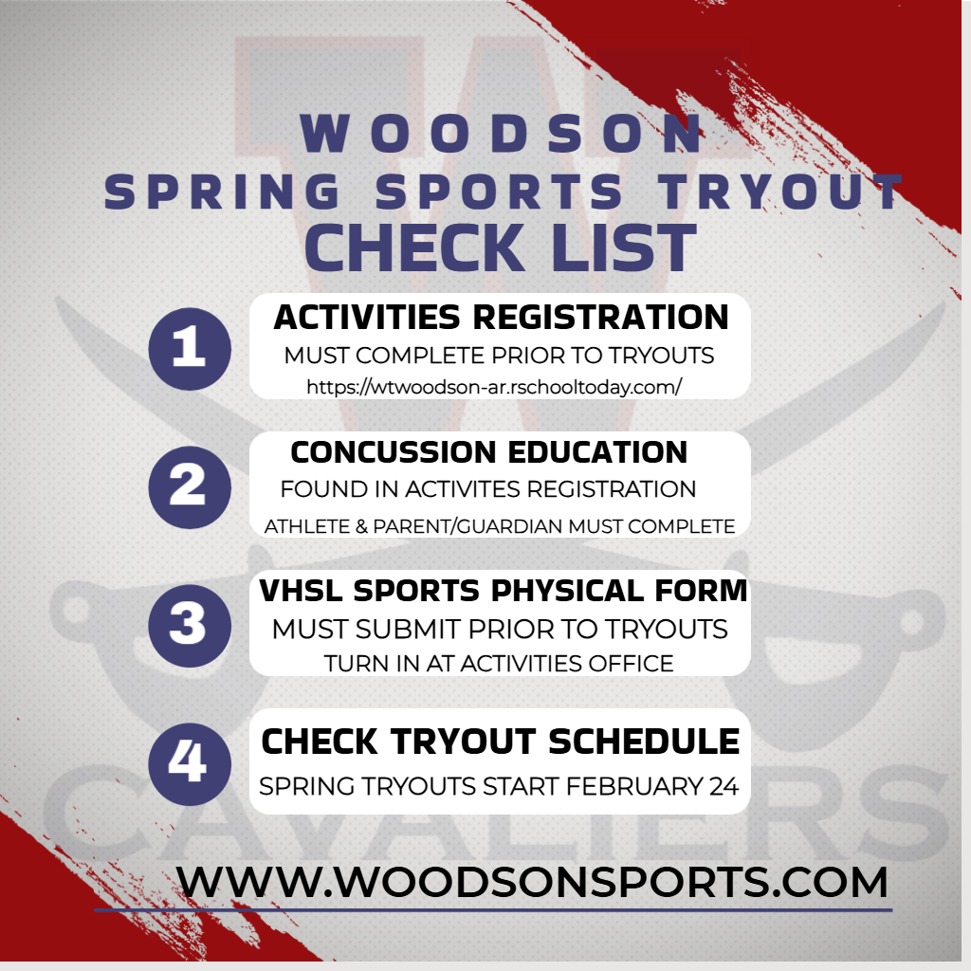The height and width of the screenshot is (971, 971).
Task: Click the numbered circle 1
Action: coord(190,349)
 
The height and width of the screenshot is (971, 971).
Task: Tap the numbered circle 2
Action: coord(190,485)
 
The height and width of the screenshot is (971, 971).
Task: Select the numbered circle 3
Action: coord(190,624)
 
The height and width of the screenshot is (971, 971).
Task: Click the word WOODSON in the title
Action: coord(504,135)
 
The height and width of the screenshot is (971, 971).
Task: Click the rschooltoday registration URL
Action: coord(494,387)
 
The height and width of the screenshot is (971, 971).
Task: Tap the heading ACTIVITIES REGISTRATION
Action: coord(501,317)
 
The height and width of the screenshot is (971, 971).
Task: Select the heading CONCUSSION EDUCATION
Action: coord(489,452)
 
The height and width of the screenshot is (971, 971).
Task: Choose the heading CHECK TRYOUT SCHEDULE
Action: coord(501,742)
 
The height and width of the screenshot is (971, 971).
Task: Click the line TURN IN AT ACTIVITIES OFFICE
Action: coord(499,664)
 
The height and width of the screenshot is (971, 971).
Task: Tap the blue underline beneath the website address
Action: coord(493,910)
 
